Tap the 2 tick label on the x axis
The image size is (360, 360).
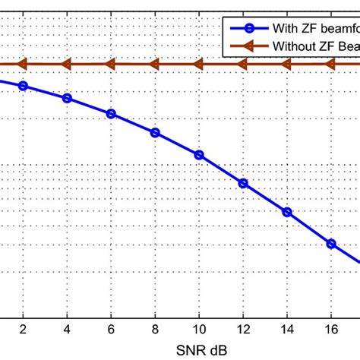(23, 331)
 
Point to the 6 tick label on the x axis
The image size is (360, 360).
(111, 331)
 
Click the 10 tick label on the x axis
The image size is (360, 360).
(199, 331)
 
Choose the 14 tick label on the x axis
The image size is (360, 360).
(287, 331)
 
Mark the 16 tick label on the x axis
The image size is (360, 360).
(331, 331)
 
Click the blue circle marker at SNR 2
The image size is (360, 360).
(23, 86)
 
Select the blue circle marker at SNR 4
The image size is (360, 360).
(67, 98)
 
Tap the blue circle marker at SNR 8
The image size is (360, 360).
(155, 132)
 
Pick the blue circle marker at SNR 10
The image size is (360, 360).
(199, 155)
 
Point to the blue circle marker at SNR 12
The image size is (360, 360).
(243, 183)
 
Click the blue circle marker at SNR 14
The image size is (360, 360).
(287, 212)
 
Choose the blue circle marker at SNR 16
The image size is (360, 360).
(331, 243)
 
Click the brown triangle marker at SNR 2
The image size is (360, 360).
(23, 65)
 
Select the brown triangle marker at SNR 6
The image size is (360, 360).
(111, 65)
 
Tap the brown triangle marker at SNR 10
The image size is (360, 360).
(199, 65)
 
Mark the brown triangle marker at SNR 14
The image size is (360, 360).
(287, 65)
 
